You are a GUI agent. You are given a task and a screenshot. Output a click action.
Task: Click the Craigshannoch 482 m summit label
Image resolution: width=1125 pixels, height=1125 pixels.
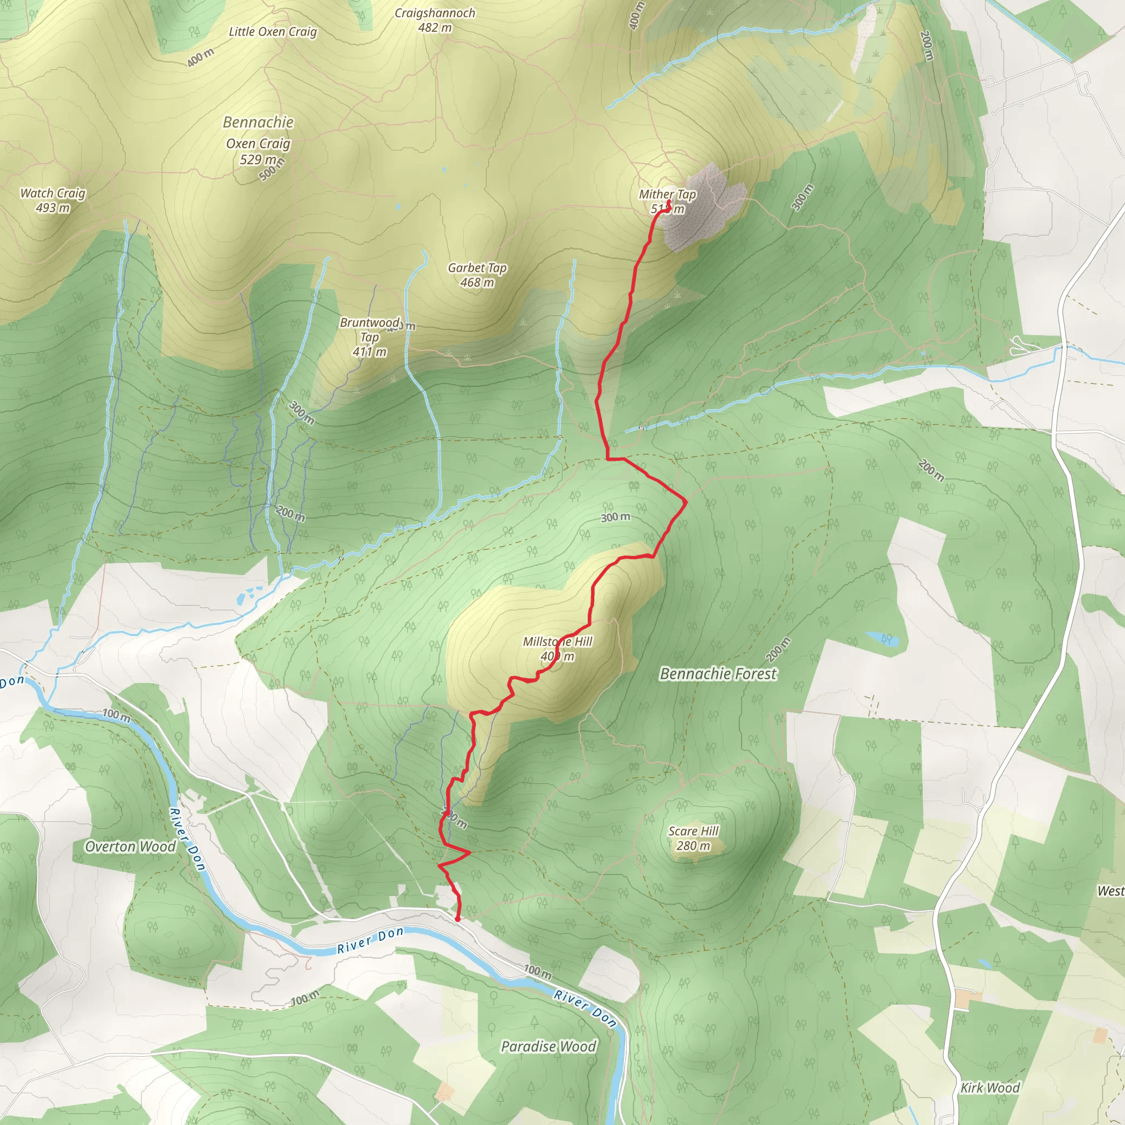(x=435, y=20)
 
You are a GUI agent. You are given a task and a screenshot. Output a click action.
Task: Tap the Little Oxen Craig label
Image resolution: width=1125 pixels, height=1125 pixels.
(x=272, y=32)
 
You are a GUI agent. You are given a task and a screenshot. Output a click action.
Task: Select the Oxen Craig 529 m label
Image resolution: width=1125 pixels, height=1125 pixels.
(x=258, y=151)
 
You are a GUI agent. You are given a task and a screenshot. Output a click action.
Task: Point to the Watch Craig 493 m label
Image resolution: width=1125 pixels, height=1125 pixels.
(x=52, y=201)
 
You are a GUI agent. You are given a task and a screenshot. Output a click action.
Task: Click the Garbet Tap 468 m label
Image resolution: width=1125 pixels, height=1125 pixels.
(x=477, y=275)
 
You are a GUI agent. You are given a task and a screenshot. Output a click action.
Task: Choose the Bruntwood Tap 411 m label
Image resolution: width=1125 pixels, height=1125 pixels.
(x=370, y=337)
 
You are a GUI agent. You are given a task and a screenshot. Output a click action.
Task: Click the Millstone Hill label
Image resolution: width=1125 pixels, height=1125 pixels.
(x=557, y=642)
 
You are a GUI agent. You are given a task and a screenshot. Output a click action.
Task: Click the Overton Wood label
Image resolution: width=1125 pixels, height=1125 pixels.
(x=130, y=846)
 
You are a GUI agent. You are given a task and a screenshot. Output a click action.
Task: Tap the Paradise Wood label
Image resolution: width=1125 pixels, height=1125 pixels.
(x=549, y=1046)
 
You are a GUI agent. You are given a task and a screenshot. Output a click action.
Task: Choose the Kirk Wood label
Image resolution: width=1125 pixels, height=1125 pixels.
(x=990, y=1088)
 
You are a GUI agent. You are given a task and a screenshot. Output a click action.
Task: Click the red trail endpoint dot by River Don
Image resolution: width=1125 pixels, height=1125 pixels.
(x=458, y=919)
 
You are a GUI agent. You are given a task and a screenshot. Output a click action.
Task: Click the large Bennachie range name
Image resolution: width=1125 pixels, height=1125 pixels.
(x=258, y=122)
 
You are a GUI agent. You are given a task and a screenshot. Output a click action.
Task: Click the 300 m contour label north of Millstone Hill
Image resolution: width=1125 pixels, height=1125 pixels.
(x=615, y=517)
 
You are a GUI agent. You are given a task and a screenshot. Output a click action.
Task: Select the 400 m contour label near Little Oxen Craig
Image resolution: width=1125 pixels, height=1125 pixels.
(x=201, y=58)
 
